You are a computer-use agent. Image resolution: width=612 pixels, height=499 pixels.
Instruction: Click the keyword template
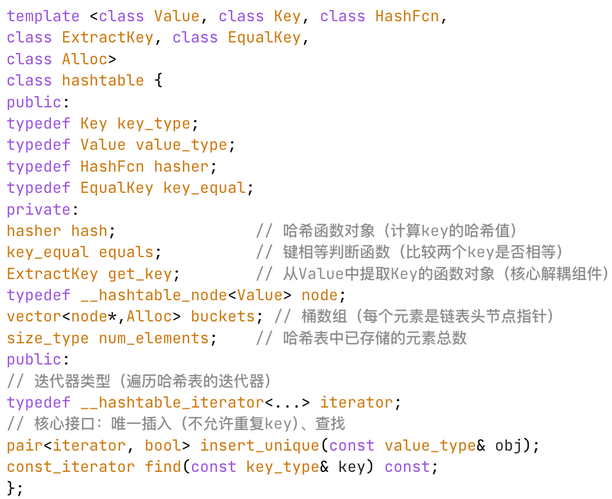43,16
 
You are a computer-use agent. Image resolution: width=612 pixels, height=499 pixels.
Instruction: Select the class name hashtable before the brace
103,80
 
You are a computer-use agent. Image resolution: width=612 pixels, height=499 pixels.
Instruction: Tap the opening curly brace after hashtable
158,80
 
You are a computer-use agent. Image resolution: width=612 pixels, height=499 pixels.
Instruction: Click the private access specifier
37,209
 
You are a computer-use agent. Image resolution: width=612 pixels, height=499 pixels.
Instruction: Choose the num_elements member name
154,338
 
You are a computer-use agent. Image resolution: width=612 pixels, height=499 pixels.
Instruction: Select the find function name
164,467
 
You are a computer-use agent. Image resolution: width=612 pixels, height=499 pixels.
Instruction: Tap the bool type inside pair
164,445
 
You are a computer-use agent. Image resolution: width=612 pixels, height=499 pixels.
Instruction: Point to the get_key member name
140,274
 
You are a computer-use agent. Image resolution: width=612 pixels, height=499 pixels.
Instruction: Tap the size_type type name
48,338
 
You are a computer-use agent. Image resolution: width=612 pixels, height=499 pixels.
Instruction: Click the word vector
34,317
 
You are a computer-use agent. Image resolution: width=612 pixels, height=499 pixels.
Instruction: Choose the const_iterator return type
71,467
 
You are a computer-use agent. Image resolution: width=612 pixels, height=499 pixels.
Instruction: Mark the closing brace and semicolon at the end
15,488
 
